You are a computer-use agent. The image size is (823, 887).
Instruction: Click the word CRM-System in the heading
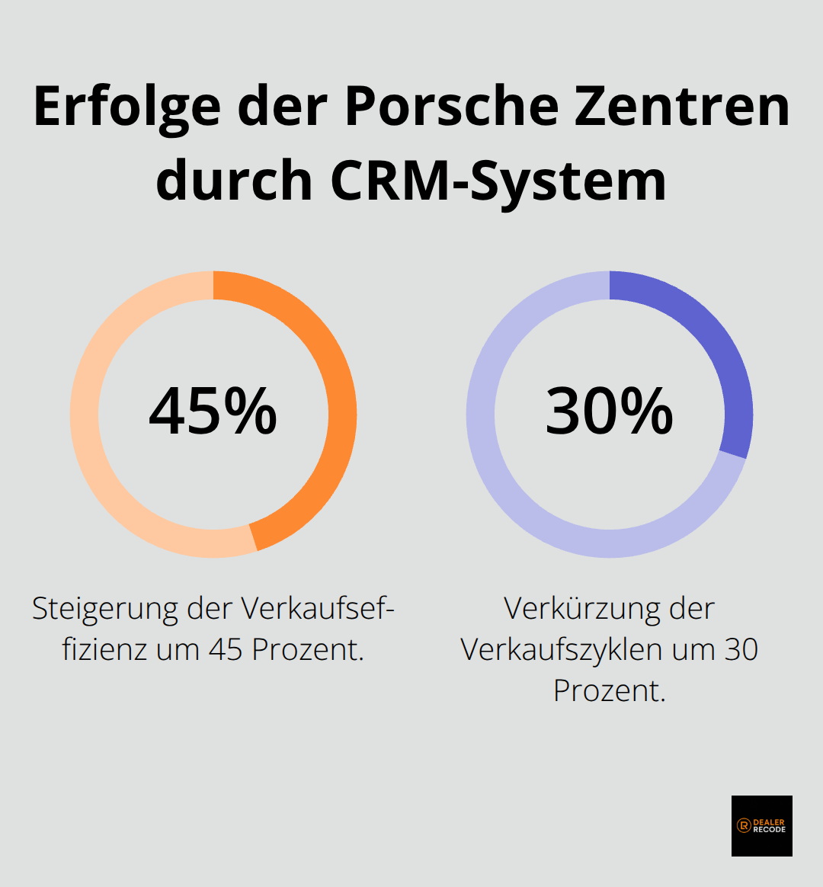tap(498, 181)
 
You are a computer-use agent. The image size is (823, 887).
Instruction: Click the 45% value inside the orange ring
tap(213, 411)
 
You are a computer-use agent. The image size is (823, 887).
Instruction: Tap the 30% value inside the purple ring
tap(609, 411)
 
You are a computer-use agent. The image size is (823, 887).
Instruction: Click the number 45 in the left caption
tap(225, 650)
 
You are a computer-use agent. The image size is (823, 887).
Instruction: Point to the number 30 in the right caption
tap(741, 650)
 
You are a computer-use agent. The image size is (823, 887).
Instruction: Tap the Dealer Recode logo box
tap(761, 825)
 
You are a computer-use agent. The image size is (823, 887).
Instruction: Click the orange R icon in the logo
tap(744, 825)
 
